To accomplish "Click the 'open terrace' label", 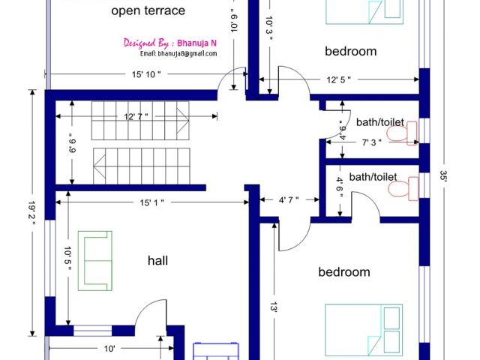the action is coord(148,11).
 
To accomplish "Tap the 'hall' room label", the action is coord(157,260).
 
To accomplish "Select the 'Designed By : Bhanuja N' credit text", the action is coord(170,43).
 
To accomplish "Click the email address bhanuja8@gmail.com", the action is coord(178,53).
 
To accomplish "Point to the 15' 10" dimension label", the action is coord(146,74).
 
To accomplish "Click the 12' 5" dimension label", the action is coord(338,80).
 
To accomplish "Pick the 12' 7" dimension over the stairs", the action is coord(136,116).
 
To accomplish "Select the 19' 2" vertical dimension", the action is coord(31,213).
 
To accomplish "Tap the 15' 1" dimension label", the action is coord(151,202).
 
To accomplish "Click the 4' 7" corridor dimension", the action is coord(289,200).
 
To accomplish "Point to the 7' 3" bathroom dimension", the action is coord(372,142).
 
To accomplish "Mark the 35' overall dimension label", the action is coord(443,175).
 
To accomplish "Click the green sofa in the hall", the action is coord(95,261).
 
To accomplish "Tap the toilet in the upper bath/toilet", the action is coord(402,133).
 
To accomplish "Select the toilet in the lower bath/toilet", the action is coord(403,188).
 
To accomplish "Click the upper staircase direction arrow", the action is coord(183,121).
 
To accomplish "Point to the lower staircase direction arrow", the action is coord(100,166).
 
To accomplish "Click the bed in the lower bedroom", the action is coord(364,330).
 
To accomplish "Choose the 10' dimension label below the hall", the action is coord(109,349).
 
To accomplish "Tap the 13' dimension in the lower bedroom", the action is coord(274,307).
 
